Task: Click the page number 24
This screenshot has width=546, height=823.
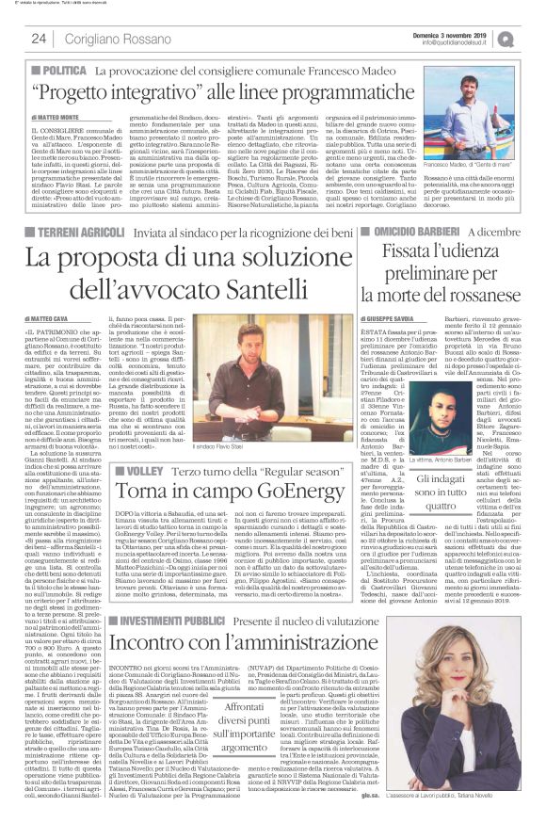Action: [40, 39]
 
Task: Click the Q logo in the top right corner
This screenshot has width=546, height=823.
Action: [532, 38]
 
